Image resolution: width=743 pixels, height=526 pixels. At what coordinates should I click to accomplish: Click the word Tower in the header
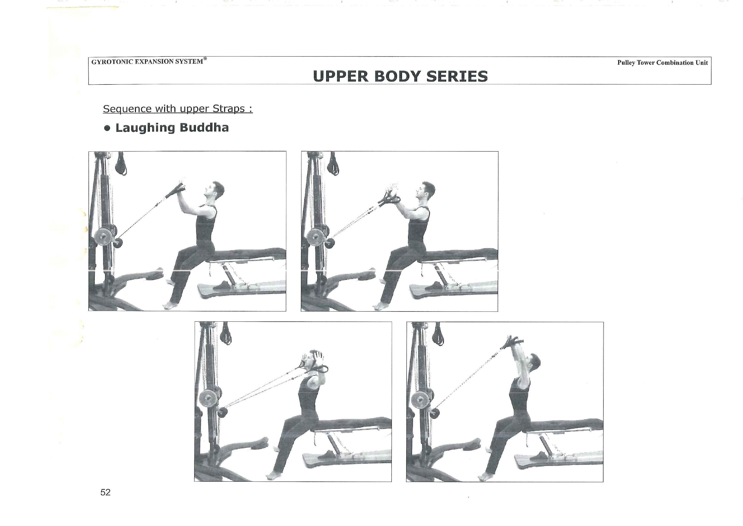(x=646, y=63)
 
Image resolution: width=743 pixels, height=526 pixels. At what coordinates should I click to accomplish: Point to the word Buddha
(x=204, y=128)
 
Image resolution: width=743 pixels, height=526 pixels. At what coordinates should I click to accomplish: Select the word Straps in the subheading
(x=228, y=109)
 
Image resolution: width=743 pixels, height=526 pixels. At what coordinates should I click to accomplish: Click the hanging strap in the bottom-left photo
(x=226, y=334)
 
